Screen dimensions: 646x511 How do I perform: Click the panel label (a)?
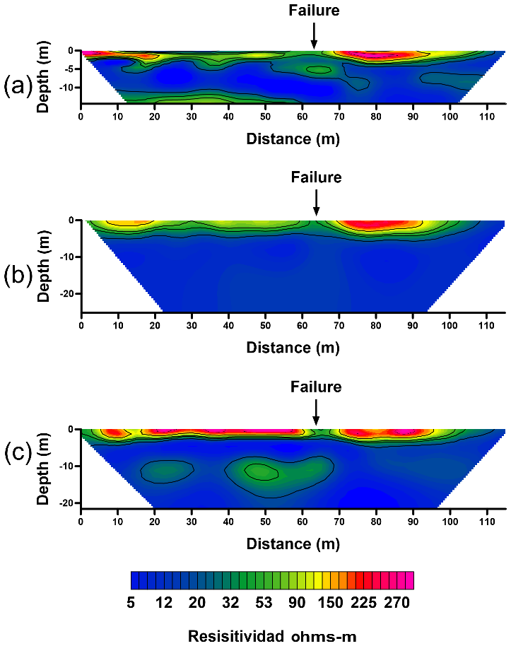16,86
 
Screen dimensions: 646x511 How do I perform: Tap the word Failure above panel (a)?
314,10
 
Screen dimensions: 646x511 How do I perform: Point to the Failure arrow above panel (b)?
316,201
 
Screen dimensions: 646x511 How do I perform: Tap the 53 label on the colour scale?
263,602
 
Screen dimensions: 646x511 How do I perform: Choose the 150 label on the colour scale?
330,602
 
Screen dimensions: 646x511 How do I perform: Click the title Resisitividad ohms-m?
271,636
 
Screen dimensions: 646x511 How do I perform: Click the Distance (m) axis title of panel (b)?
293,347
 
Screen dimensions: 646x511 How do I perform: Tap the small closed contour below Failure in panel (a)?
319,69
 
